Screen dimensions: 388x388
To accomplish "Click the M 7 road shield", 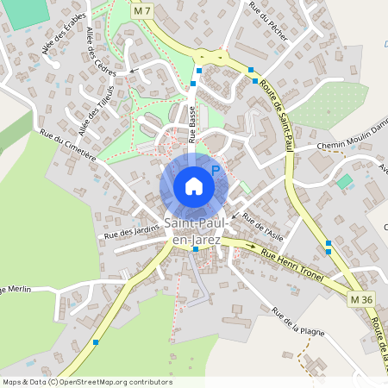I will pyautogui.click(x=143, y=11).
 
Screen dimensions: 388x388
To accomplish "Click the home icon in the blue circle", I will pyautogui.click(x=193, y=186).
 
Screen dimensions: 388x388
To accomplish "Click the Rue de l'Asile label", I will pyautogui.click(x=263, y=226).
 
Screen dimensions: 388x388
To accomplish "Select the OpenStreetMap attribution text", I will pyautogui.click(x=87, y=381).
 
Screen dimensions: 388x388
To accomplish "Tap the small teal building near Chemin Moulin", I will pyautogui.click(x=345, y=181).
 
